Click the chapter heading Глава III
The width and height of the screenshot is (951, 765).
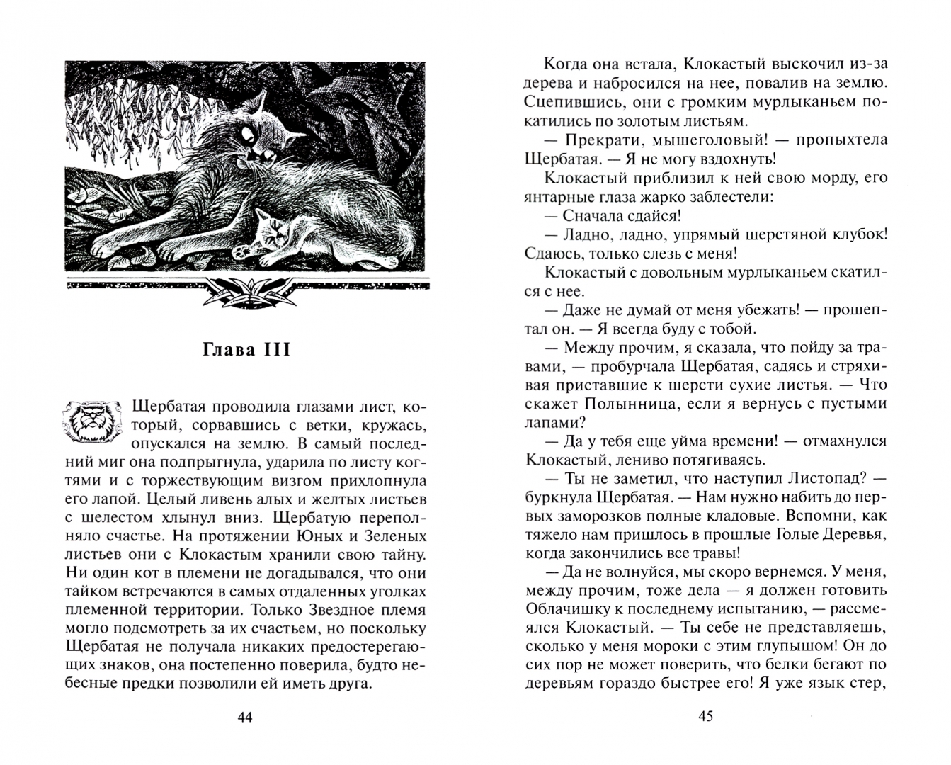click(x=246, y=351)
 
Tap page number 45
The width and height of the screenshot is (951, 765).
click(x=705, y=716)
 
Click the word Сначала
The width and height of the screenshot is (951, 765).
click(x=600, y=215)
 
